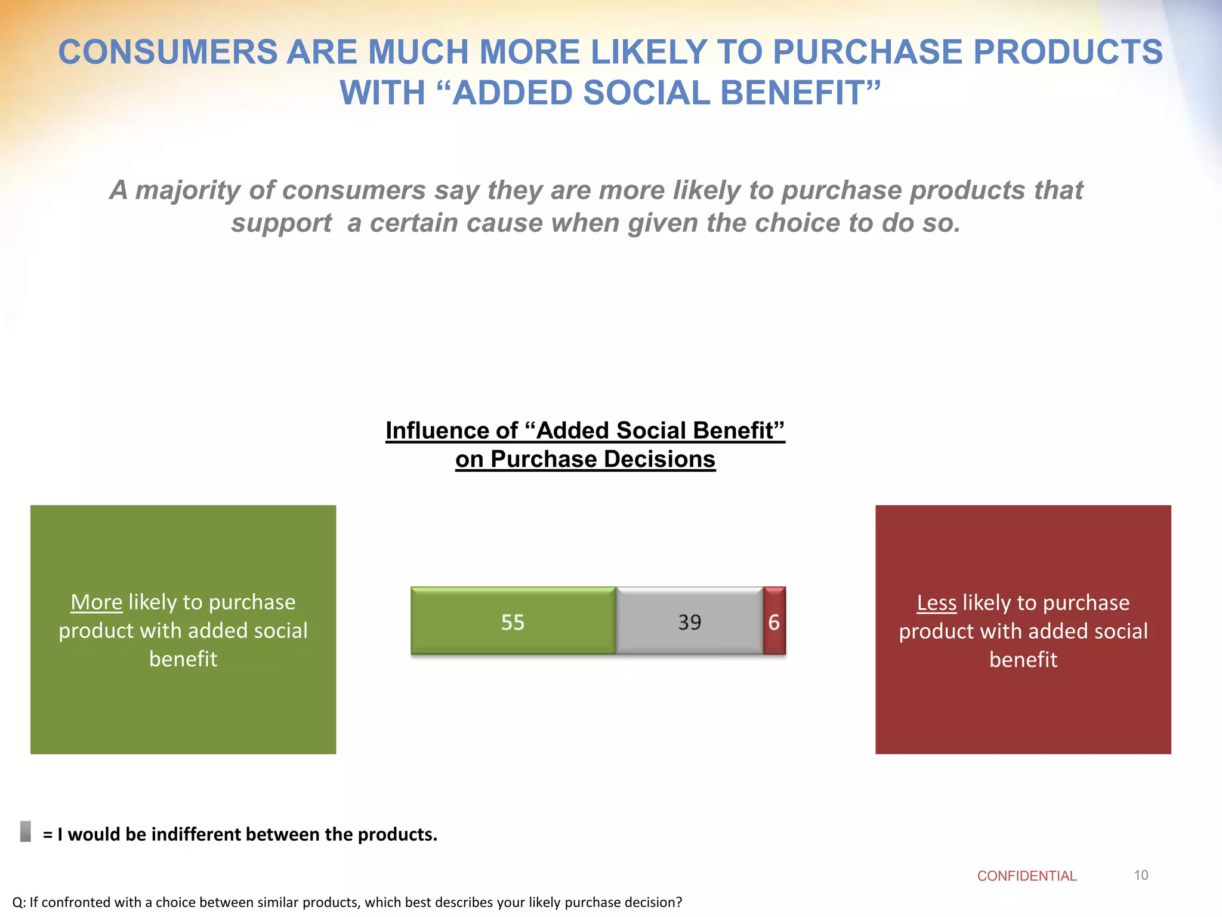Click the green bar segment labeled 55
(513, 621)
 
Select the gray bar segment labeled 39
(689, 621)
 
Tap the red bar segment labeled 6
(774, 621)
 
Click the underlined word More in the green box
(96, 602)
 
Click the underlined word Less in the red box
(936, 602)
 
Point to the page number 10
(1141, 875)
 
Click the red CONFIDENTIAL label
(1026, 876)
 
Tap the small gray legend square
(26, 831)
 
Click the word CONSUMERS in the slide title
(168, 52)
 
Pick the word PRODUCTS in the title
(1067, 52)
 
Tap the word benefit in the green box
(183, 659)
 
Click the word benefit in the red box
(1023, 660)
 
